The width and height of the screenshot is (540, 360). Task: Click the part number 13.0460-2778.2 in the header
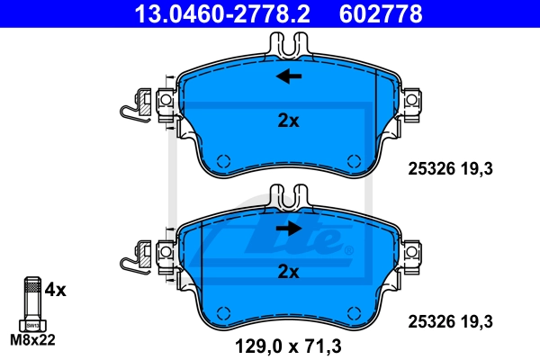[x=222, y=13]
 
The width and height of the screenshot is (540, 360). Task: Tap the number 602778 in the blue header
[x=381, y=13]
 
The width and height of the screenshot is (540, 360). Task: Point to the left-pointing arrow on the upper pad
[x=289, y=76]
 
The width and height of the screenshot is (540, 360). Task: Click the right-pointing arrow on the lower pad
[x=289, y=228]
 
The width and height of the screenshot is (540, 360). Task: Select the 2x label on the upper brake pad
[x=289, y=121]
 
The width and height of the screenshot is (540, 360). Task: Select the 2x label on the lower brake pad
[x=289, y=272]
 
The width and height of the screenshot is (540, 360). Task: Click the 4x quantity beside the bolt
[x=56, y=290]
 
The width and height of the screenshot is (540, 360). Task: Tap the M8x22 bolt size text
[x=32, y=339]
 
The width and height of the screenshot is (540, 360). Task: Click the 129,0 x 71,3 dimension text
[x=288, y=346]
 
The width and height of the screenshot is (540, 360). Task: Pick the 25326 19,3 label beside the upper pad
[x=451, y=169]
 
